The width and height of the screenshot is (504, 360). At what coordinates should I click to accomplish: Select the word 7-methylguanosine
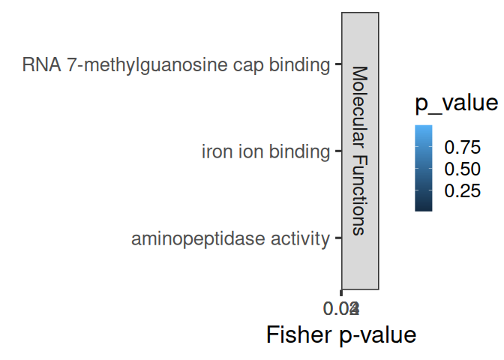tap(136, 65)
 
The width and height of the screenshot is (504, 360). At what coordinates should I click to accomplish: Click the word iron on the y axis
tap(217, 152)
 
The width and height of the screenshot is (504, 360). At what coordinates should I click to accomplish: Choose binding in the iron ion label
tap(298, 152)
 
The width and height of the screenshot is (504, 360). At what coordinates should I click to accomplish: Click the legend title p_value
tap(456, 104)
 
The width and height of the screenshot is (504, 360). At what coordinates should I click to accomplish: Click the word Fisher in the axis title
tap(297, 334)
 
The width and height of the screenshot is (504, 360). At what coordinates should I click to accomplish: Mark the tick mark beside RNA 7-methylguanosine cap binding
tap(339, 65)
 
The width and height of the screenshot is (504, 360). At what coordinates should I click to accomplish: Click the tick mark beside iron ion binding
tap(339, 152)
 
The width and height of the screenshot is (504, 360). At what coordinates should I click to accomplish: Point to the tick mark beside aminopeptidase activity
tap(339, 239)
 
